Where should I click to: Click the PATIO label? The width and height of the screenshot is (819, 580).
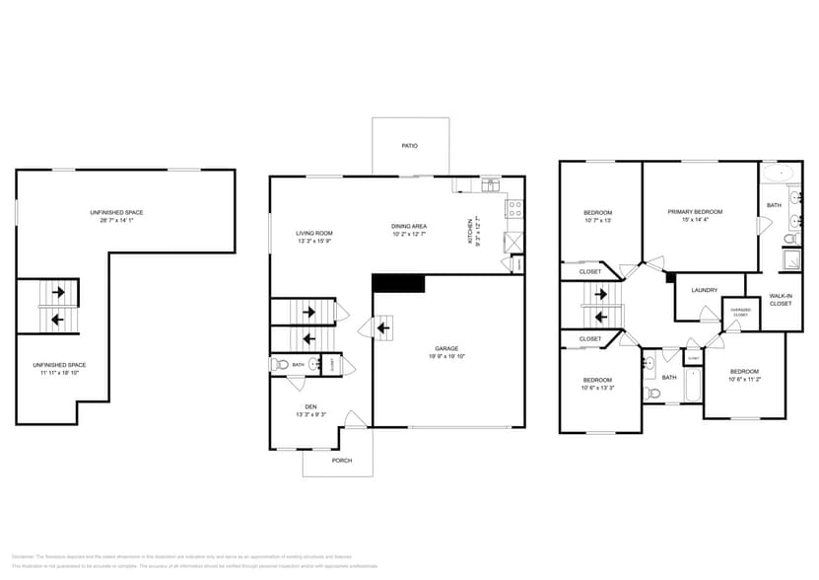[409, 146]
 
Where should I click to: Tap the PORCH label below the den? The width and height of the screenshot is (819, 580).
[341, 460]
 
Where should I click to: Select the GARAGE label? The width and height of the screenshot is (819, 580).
[446, 348]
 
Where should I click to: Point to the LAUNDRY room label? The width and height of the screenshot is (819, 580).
[704, 290]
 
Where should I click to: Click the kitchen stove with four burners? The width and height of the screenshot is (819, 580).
[513, 208]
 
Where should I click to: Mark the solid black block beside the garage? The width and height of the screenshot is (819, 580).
[398, 284]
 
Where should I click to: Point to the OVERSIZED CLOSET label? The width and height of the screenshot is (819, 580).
[739, 313]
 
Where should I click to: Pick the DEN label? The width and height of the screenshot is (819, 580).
[309, 406]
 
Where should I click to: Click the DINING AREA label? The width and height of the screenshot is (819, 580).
[409, 226]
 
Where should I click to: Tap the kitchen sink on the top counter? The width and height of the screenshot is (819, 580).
[490, 184]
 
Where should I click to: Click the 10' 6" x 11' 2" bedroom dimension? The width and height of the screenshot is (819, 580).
[744, 379]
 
